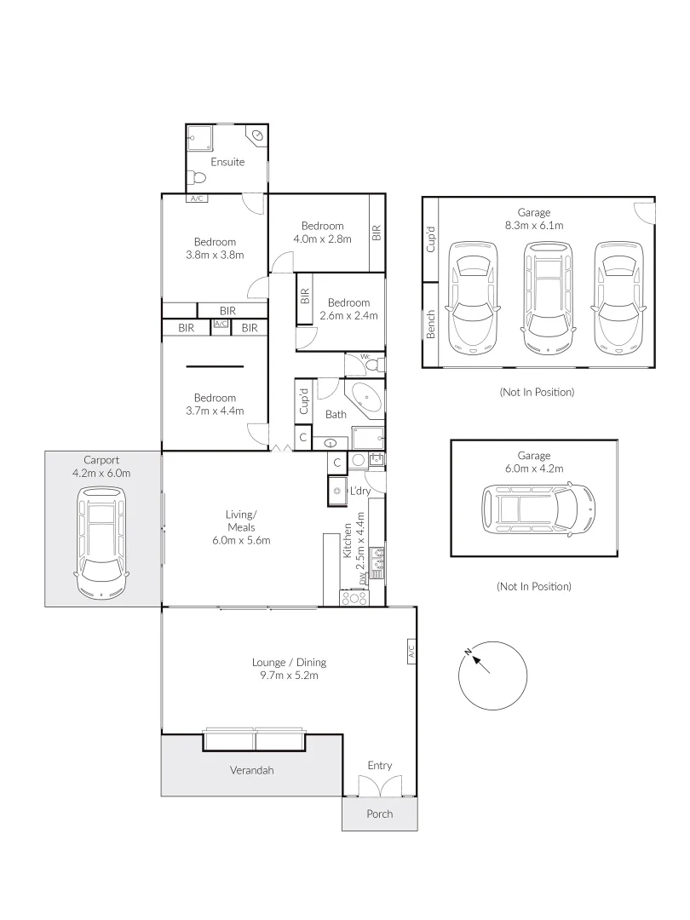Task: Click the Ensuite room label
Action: point(227,162)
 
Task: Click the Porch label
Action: point(380,814)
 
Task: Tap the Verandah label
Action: point(252,770)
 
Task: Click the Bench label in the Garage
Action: point(431,325)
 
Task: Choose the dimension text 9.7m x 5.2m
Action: point(289,676)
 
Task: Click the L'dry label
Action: point(359,492)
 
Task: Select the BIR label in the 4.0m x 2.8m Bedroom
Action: point(375,233)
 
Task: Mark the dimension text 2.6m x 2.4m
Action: point(348,316)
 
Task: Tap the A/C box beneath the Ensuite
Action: point(197,198)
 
